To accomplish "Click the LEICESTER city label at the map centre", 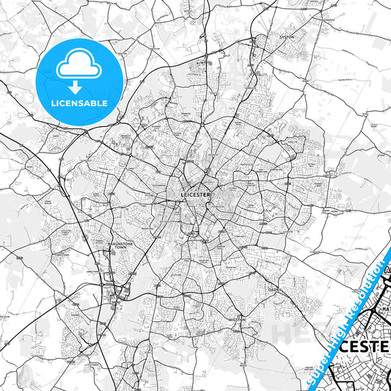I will tap(194, 194).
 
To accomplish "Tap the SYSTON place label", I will tap(286, 35).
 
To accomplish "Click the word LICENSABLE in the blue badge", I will tap(79, 103).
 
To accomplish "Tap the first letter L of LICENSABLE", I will tap(53, 103).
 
